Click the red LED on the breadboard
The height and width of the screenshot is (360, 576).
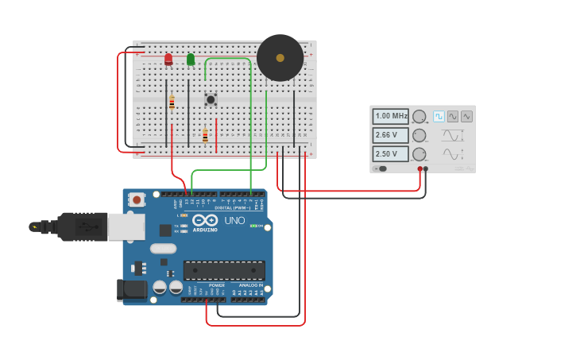click(x=168, y=59)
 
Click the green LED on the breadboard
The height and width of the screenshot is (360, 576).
click(x=191, y=59)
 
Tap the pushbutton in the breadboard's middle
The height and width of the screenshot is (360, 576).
click(x=211, y=99)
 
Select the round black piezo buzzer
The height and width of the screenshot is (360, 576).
click(x=280, y=57)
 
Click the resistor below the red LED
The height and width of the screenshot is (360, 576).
click(x=172, y=103)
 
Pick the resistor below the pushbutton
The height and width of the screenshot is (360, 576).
click(x=205, y=136)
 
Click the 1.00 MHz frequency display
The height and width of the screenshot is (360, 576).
click(x=391, y=116)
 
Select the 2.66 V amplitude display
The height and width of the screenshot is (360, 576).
click(x=391, y=135)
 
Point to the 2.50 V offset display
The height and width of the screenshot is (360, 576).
click(x=391, y=153)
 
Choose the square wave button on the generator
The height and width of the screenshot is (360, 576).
click(x=439, y=116)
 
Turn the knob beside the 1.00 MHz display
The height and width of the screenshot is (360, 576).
click(x=419, y=117)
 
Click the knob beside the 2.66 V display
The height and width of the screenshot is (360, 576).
click(x=419, y=135)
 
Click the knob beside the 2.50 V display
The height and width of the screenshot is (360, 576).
click(x=419, y=154)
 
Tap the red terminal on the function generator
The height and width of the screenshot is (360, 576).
click(x=419, y=168)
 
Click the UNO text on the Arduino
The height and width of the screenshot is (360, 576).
click(x=234, y=221)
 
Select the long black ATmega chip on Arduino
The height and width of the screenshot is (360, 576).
click(x=224, y=270)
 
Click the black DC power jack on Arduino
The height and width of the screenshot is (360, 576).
click(x=131, y=290)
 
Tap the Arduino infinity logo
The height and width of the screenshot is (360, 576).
click(x=205, y=220)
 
